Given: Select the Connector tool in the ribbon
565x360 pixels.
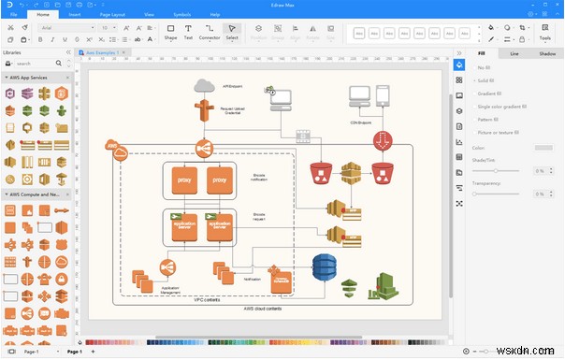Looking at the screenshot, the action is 210,33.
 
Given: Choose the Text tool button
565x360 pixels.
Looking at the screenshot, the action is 188,33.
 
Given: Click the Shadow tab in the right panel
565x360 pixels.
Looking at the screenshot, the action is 546,54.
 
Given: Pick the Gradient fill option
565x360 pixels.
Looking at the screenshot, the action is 490,94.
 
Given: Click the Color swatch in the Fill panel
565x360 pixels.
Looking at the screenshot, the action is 543,147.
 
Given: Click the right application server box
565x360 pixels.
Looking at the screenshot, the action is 220,225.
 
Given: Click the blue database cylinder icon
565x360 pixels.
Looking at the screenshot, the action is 324,267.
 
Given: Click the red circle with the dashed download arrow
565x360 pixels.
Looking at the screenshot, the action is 383,141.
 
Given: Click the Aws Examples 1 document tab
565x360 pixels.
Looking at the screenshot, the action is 103,53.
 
